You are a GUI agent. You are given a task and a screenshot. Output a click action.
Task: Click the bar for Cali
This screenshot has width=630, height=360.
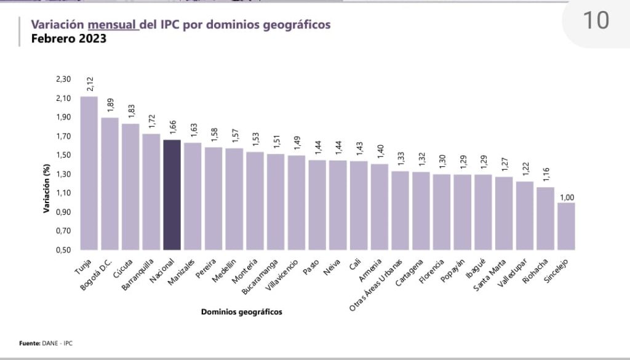[359, 206]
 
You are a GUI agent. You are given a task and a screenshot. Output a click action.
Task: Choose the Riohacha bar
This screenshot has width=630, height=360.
[545, 218]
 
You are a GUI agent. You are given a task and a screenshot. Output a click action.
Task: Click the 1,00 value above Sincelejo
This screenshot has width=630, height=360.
[567, 197]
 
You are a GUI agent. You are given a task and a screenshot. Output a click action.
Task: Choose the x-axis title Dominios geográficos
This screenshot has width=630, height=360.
[242, 312]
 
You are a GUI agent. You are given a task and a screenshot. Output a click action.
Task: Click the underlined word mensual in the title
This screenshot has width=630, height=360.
[113, 25]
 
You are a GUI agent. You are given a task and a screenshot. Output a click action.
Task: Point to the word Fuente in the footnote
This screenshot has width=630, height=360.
[29, 343]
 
